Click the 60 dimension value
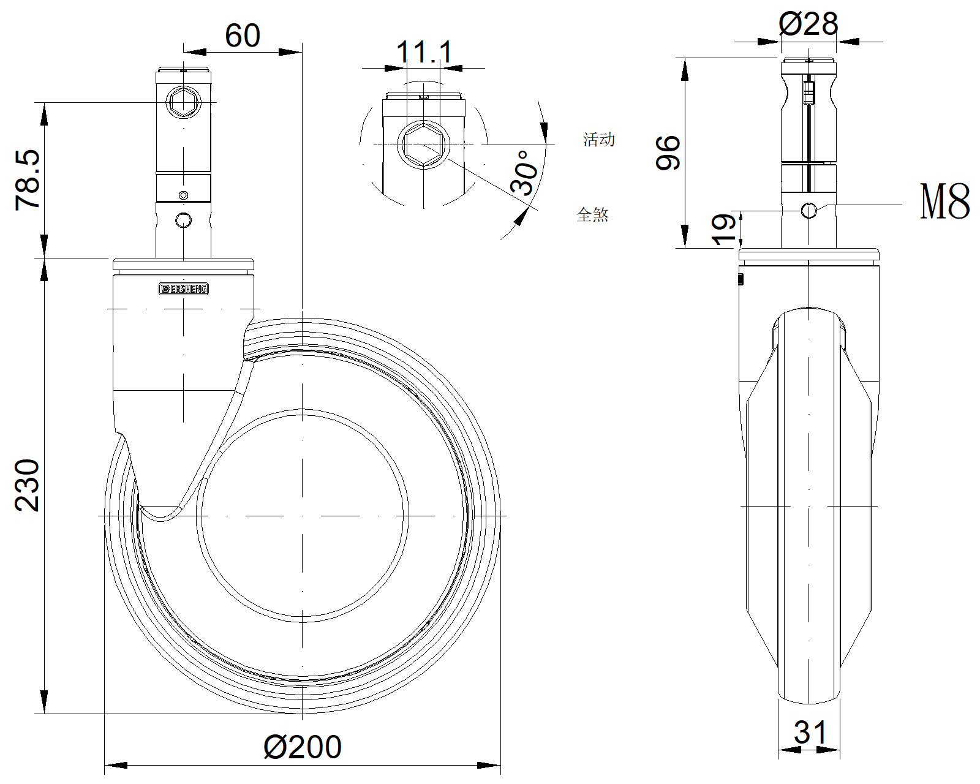click(x=243, y=35)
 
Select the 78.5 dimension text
click(x=28, y=180)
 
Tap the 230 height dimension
click(x=28, y=485)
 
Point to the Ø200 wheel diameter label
click(x=303, y=747)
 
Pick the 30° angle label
click(x=524, y=173)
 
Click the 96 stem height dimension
click(x=668, y=153)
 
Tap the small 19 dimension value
click(x=723, y=230)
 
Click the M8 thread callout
click(x=945, y=202)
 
